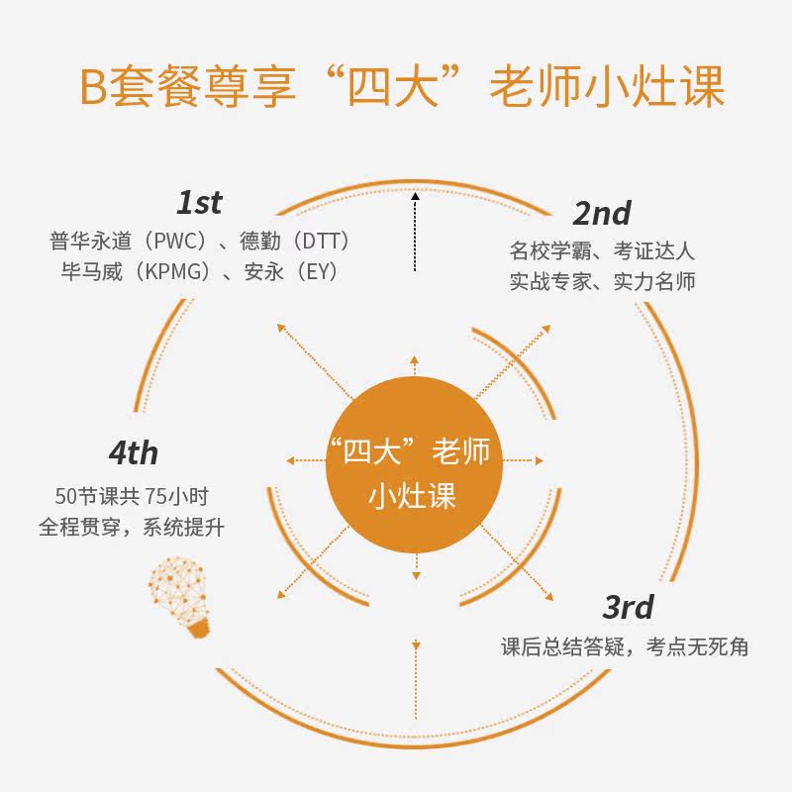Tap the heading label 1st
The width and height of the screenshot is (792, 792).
tap(199, 203)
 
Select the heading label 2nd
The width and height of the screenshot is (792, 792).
tap(601, 212)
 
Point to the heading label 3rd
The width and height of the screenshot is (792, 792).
tap(628, 606)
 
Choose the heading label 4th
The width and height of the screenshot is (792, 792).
tap(133, 453)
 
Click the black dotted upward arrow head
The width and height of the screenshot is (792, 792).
tap(415, 198)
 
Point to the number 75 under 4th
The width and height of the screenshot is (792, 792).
tap(155, 494)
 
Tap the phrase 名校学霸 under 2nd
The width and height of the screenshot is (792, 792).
tap(548, 248)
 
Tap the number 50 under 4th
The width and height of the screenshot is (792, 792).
tap(67, 494)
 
